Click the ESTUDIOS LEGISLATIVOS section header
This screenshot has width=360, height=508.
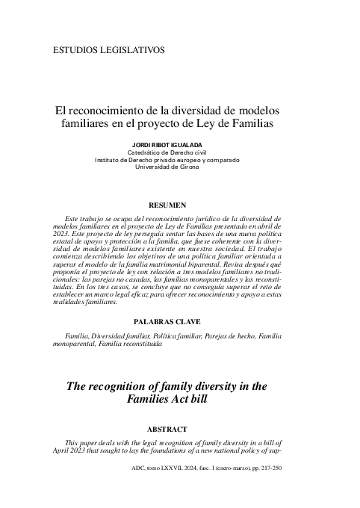pos(110,50)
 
